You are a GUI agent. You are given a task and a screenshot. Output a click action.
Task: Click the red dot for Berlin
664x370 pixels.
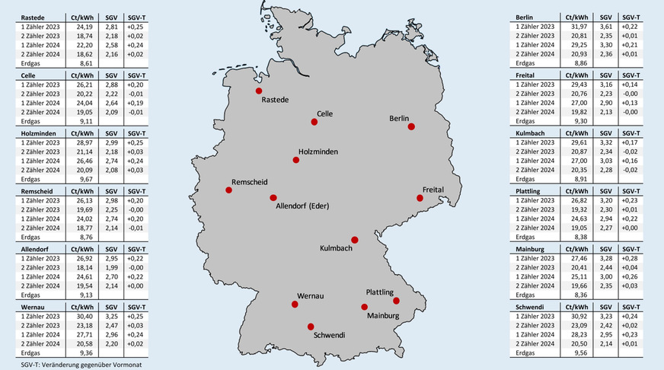point(411,127)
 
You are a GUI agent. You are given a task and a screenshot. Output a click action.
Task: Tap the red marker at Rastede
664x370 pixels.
point(259,91)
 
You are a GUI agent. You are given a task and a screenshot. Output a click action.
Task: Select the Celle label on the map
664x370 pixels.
point(325,113)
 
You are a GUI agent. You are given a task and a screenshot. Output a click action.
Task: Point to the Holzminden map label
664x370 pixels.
point(318,151)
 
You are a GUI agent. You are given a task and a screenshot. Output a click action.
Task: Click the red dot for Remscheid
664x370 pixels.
point(228,191)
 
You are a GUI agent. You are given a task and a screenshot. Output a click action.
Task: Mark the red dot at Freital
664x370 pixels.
point(420,198)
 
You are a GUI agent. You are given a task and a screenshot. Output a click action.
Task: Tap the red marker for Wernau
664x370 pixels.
point(295,305)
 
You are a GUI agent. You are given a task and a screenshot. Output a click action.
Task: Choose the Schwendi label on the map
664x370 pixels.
point(330,334)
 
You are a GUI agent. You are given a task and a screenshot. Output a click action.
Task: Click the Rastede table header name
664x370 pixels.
point(34,16)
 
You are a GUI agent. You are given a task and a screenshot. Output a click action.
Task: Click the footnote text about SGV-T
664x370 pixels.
point(72,365)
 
